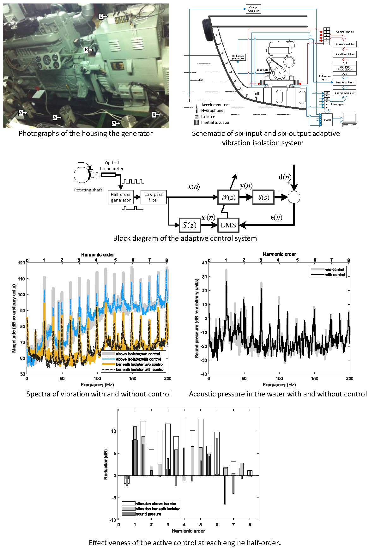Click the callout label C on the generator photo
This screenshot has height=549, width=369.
(101, 16)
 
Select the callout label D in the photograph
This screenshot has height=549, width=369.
(154, 114)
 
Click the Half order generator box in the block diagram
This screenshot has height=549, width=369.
(121, 197)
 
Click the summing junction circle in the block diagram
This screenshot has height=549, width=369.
(294, 198)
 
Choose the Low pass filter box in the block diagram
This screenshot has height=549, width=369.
(154, 197)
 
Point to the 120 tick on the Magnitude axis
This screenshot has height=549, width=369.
(21, 263)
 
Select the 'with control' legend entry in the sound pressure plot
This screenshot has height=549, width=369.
(335, 275)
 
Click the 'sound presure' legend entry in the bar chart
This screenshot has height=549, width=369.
(148, 514)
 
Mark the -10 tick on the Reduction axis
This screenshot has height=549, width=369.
(112, 520)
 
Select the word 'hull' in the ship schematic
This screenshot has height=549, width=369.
(256, 94)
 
